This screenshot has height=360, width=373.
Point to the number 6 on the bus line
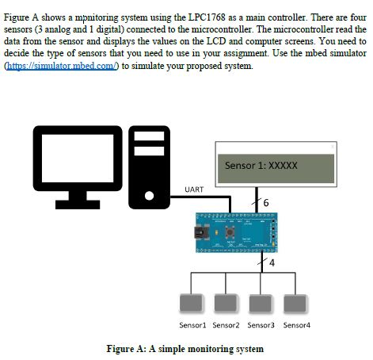[x=265, y=203]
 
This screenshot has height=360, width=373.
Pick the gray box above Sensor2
[x=226, y=305]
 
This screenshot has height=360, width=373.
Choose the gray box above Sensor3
[x=261, y=305]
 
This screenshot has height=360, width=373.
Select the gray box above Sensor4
[x=295, y=305]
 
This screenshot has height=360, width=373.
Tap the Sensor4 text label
[x=297, y=325]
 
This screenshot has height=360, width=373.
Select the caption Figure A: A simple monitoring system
[x=185, y=348]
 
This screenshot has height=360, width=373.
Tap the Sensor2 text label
[x=226, y=325]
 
